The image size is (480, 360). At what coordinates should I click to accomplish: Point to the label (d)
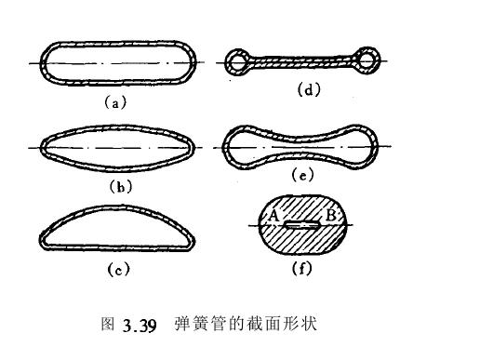(x=306, y=92)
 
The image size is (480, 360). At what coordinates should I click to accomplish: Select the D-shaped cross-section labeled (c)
(x=115, y=229)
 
